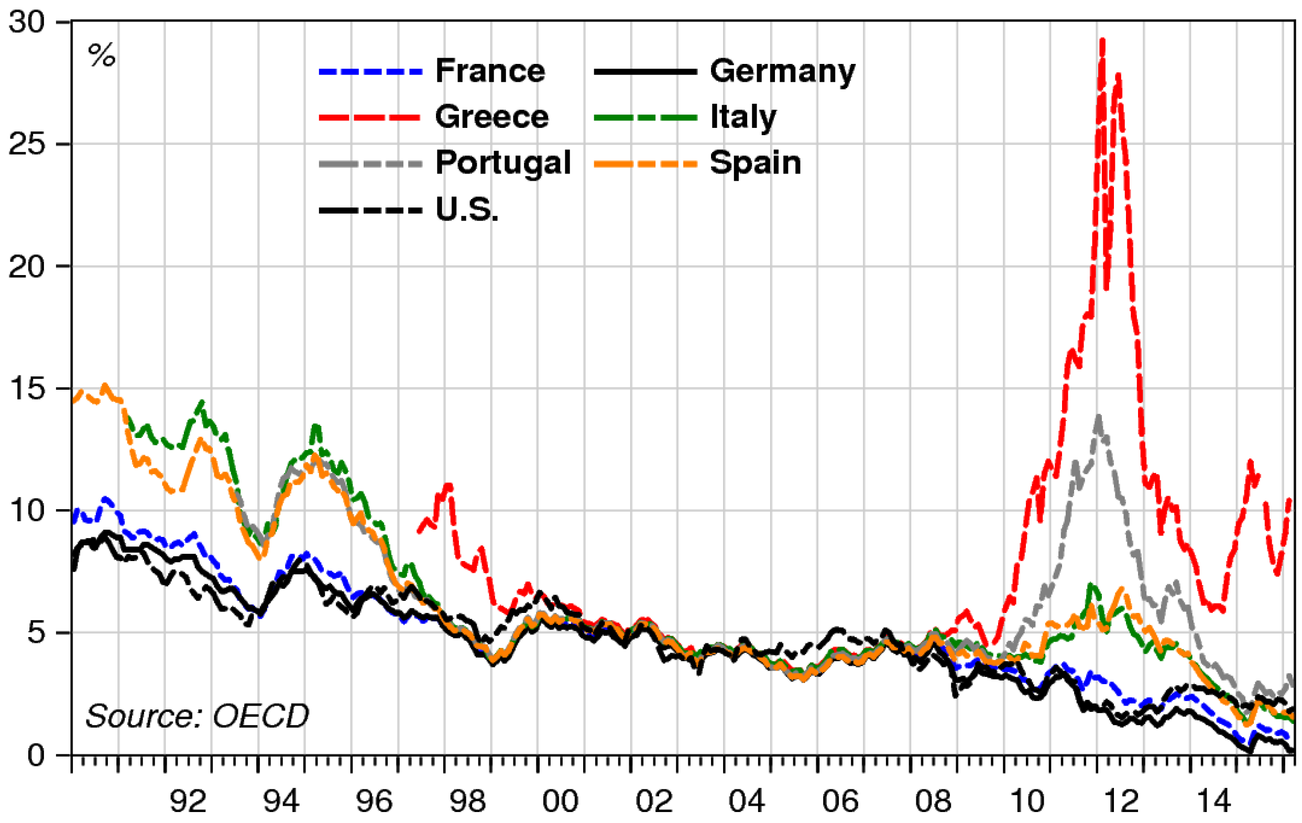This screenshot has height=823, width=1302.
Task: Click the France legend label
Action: (x=490, y=71)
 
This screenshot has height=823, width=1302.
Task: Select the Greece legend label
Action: (x=491, y=117)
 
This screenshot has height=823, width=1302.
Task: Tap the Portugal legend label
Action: (x=503, y=163)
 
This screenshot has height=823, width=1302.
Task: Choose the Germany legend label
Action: (x=782, y=71)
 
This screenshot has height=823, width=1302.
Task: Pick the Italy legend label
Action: (x=743, y=117)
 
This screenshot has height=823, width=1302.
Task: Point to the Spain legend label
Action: (x=755, y=163)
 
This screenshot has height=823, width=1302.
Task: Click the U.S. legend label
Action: (x=467, y=209)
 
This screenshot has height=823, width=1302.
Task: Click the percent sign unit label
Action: (x=102, y=55)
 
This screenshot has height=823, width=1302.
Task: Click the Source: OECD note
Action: (x=197, y=717)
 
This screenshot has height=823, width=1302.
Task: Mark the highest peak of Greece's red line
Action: (x=1102, y=40)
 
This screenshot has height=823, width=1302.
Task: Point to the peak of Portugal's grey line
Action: (x=1098, y=416)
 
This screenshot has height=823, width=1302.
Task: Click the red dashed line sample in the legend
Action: (x=370, y=117)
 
